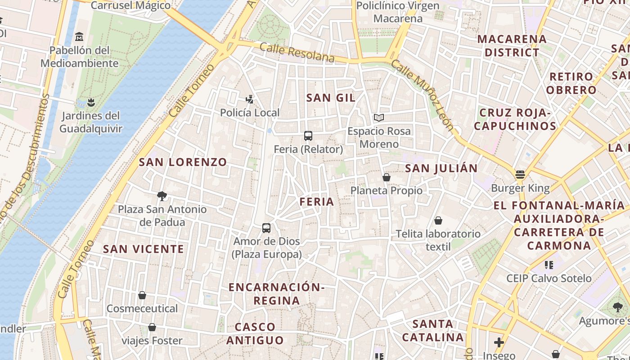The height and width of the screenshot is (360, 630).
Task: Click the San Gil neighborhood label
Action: [x=331, y=98]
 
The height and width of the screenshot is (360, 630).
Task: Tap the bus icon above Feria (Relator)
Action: [x=308, y=135]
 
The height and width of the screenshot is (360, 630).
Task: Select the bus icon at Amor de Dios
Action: [x=266, y=228]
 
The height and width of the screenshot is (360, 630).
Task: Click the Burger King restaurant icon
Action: [x=520, y=175]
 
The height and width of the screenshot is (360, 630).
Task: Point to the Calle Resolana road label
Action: [x=297, y=53]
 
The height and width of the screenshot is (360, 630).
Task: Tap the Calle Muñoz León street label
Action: [x=423, y=94]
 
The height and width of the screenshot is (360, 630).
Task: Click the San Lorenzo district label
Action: [x=183, y=162]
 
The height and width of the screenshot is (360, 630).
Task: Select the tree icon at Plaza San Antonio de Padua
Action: [x=162, y=196]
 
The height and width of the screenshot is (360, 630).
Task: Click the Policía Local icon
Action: [x=250, y=99]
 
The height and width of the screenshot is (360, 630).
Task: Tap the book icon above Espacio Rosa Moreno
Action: [x=379, y=118]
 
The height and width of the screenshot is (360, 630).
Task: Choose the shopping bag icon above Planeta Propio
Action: [x=386, y=177]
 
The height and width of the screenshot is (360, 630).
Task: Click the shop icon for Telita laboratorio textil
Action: [x=438, y=220]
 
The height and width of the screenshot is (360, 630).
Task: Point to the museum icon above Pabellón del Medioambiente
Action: [x=80, y=36]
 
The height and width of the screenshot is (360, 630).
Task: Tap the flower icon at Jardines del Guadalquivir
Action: [x=91, y=102]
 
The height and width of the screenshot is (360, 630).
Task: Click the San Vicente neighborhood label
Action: [x=144, y=249]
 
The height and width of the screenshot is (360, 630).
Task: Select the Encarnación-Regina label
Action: [x=276, y=294]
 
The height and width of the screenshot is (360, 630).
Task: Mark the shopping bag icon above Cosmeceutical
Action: [x=142, y=295]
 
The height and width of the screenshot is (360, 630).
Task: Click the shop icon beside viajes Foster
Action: [x=152, y=327]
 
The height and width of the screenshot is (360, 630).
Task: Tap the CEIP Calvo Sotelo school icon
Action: [x=549, y=265]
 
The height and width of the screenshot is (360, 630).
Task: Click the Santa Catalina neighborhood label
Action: [x=432, y=330]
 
